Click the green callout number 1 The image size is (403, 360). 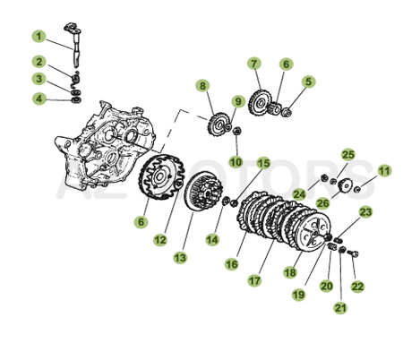[39, 37]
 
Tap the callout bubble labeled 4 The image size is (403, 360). [39, 99]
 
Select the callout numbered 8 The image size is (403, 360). [203, 86]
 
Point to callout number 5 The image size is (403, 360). [308, 81]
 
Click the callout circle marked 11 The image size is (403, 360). [384, 170]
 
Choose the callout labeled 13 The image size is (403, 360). [180, 257]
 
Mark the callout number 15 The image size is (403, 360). [263, 163]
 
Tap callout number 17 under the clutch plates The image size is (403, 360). [255, 280]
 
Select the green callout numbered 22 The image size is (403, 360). [358, 286]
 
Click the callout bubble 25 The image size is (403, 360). [348, 155]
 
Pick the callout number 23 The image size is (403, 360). [364, 212]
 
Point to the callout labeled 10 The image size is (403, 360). [236, 161]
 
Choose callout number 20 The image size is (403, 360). [325, 286]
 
